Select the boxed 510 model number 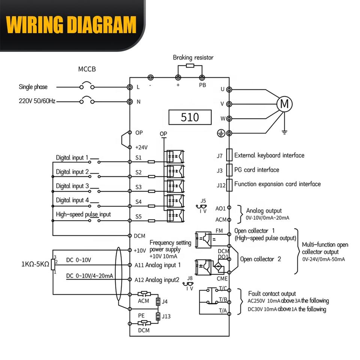pyautogui.click(x=190, y=117)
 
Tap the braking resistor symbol pyautogui.click(x=190, y=66)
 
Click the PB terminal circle pyautogui.click(x=202, y=78)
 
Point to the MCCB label pyautogui.click(x=87, y=69)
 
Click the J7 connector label pyautogui.click(x=220, y=156)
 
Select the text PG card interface pyautogui.click(x=256, y=170)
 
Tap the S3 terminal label pyautogui.click(x=138, y=187)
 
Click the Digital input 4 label pyautogui.click(x=72, y=200)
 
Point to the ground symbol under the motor pyautogui.click(x=284, y=132)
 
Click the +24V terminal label pyautogui.click(x=141, y=147)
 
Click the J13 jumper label pyautogui.click(x=166, y=316)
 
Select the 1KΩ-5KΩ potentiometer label pyautogui.click(x=35, y=264)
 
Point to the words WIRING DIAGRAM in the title pyautogui.click(x=71, y=25)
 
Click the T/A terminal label pyautogui.click(x=222, y=310)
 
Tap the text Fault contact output pyautogui.click(x=272, y=294)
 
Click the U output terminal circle pyautogui.click(x=229, y=89)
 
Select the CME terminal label pyautogui.click(x=222, y=279)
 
